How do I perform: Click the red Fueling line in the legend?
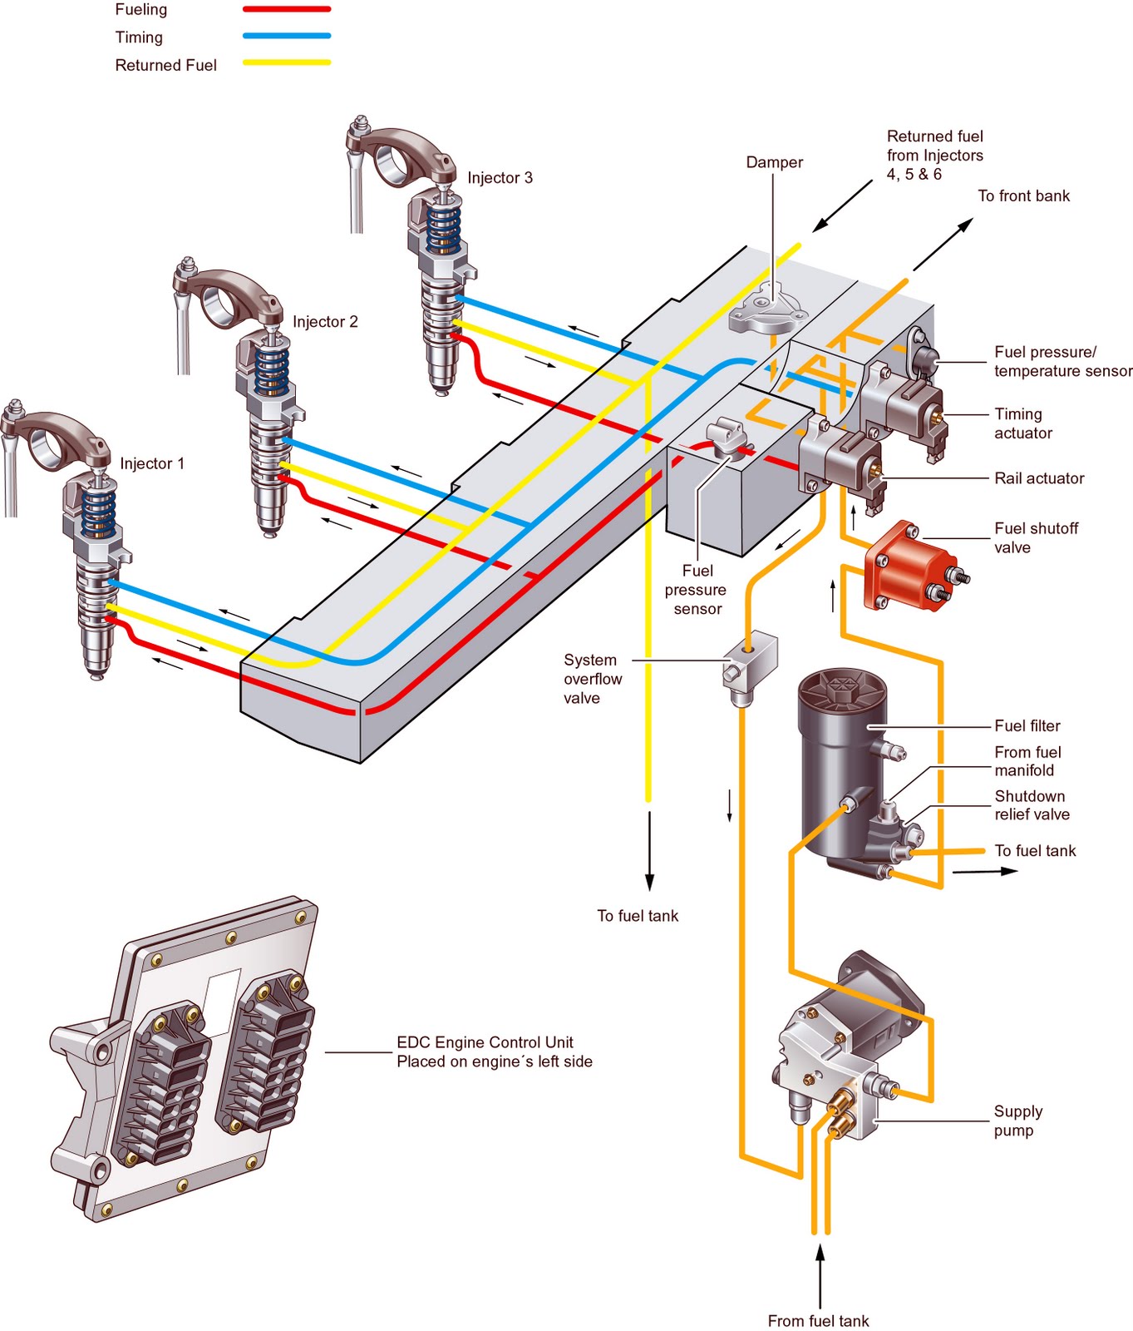[x=287, y=9]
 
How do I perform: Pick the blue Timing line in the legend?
[x=287, y=36]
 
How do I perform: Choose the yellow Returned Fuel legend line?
[x=287, y=62]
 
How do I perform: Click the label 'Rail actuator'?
[x=1039, y=478]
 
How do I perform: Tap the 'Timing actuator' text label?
[x=1023, y=423]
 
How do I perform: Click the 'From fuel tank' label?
[x=818, y=1321]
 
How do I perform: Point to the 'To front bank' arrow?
[x=943, y=245]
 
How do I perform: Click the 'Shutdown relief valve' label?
[x=1032, y=805]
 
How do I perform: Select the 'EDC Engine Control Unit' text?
[x=485, y=1042]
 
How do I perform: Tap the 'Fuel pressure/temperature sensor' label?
[x=1063, y=361]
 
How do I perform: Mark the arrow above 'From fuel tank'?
[x=820, y=1276]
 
